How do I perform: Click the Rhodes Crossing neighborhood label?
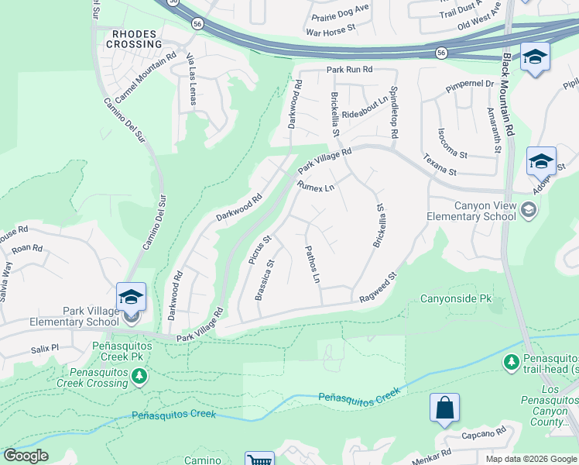click(x=134, y=39)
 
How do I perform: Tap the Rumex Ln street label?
click(x=315, y=186)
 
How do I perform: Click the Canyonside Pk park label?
click(x=456, y=298)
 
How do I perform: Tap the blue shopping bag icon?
click(x=445, y=408)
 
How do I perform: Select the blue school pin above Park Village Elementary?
click(x=131, y=298)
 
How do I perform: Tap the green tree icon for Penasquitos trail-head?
click(x=511, y=362)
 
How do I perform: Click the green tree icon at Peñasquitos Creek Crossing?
click(x=139, y=377)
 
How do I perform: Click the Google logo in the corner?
click(x=27, y=456)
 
